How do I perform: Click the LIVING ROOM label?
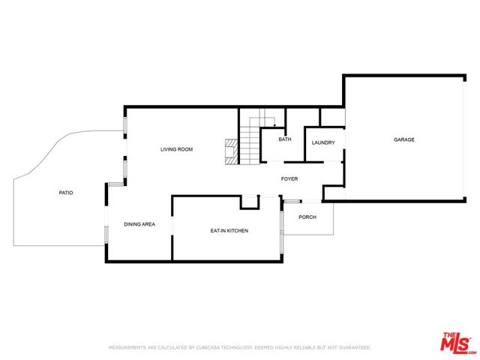[177, 149]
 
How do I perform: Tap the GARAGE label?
[404, 139]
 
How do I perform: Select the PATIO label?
[66, 193]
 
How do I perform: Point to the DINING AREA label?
[139, 224]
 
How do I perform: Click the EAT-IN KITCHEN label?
[229, 231]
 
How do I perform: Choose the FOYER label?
[289, 178]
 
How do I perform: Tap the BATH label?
[285, 139]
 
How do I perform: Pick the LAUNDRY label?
[323, 142]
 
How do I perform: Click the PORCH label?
[307, 217]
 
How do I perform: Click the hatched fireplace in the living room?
[232, 152]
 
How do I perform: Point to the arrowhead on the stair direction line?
[274, 125]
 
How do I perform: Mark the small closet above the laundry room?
[332, 117]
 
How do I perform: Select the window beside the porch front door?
[291, 202]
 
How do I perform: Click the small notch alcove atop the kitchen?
[250, 202]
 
